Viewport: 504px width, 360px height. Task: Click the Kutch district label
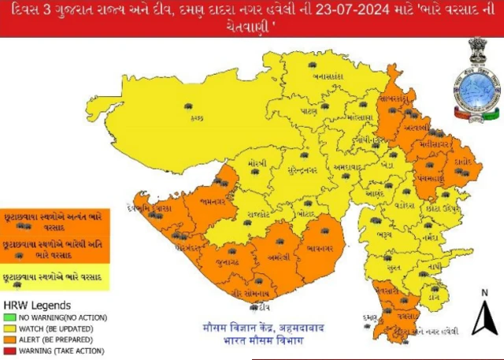196,117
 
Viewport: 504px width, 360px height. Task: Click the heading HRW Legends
37,305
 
